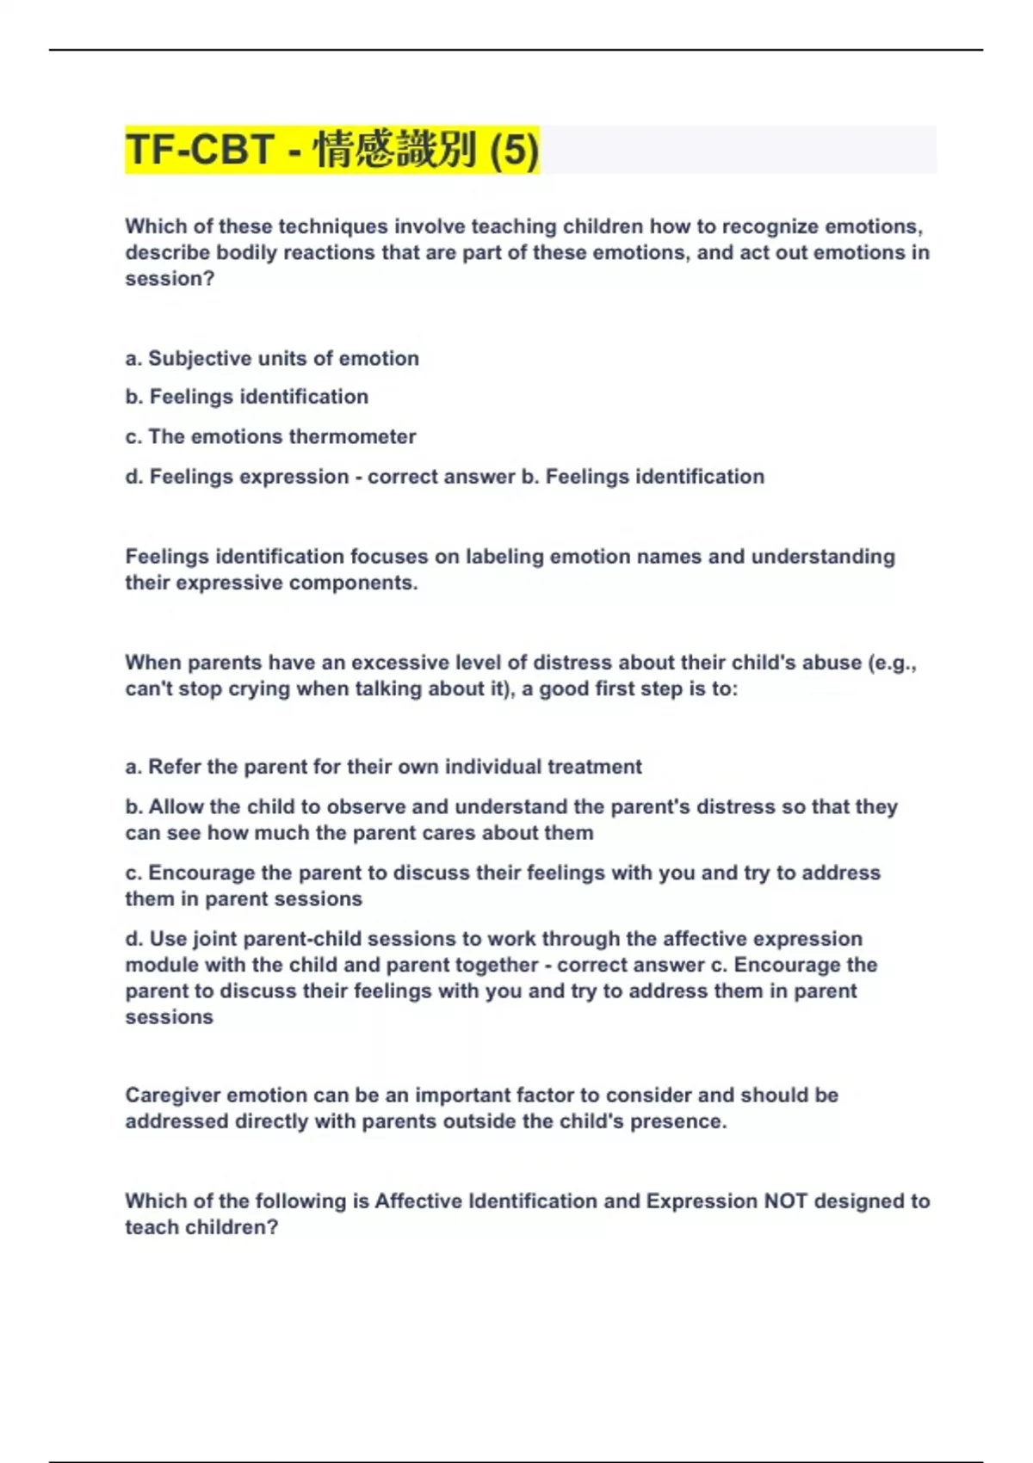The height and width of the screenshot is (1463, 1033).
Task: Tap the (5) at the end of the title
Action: point(514,150)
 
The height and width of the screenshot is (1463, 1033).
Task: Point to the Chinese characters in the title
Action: point(395,150)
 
